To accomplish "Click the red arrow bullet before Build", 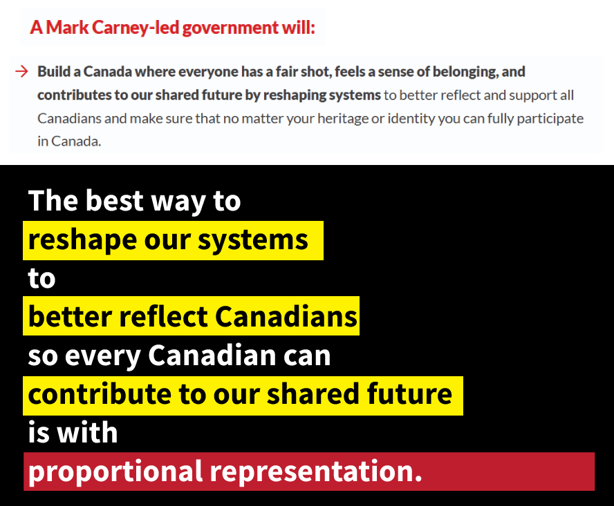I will pyautogui.click(x=21, y=71).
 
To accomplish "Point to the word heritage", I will pyautogui.click(x=338, y=118).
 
